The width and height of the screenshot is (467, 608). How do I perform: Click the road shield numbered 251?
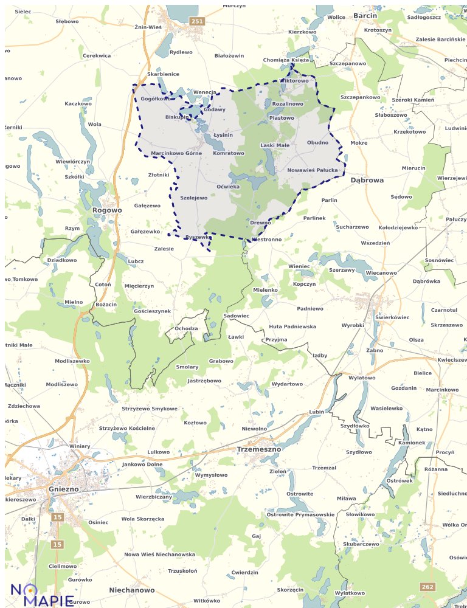(x=197, y=21)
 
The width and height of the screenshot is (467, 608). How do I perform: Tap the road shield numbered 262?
(x=427, y=586)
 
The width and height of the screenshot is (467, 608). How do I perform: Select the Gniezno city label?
(x=63, y=489)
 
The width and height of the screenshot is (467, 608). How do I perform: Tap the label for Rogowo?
(x=107, y=210)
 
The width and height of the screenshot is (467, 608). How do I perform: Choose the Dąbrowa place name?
(x=367, y=180)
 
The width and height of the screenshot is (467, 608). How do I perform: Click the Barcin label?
(x=365, y=15)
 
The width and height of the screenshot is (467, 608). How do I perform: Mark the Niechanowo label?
(x=132, y=590)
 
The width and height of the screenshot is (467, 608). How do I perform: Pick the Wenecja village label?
(x=204, y=92)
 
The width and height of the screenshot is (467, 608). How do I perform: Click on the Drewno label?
(x=260, y=223)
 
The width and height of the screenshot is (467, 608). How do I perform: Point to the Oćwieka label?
(x=228, y=186)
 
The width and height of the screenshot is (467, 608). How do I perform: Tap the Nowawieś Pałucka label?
(x=312, y=170)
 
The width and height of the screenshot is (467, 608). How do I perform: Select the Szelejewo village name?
(x=194, y=198)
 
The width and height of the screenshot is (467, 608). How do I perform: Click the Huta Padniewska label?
(x=292, y=326)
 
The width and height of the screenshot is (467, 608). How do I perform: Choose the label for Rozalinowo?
(x=288, y=104)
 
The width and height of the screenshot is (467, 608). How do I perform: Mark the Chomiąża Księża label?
(x=286, y=60)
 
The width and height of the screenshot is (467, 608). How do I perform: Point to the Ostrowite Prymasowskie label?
(x=300, y=514)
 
